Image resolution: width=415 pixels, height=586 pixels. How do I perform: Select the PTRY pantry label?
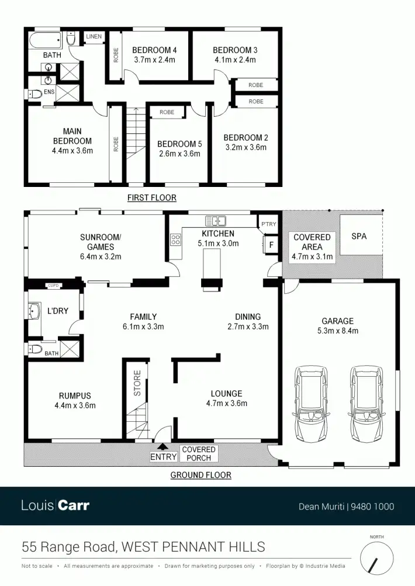269,224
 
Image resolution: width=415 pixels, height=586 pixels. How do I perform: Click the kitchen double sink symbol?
215,221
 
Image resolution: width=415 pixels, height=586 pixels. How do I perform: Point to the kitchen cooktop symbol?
175,239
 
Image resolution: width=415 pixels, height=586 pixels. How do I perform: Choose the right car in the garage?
367,403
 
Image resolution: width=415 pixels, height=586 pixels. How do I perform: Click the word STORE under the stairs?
138,383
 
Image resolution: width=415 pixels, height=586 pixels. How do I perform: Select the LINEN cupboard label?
94,37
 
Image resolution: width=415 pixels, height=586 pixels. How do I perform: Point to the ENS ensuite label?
49,92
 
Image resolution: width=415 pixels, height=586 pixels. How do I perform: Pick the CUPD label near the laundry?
53,285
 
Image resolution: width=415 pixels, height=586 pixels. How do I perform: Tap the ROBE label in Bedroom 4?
116,55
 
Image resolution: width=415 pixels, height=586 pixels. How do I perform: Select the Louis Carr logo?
56,505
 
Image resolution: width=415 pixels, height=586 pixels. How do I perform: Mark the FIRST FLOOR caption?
151,197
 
